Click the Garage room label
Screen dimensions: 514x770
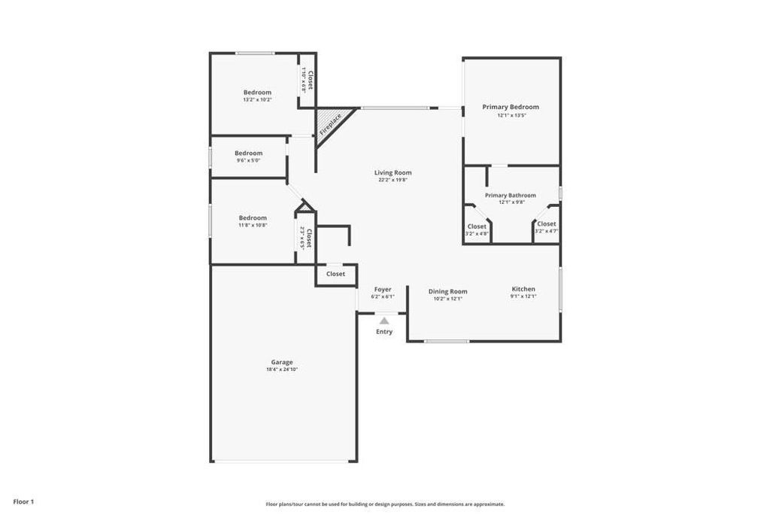[282, 362]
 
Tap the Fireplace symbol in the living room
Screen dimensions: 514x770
[329, 123]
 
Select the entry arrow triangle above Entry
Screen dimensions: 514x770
[384, 321]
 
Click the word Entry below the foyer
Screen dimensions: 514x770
[384, 332]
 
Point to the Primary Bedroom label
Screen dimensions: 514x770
[511, 107]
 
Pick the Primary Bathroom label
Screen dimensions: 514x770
[511, 195]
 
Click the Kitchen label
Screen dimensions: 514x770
[523, 289]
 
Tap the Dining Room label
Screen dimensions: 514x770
[448, 291]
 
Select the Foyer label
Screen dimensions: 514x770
[383, 289]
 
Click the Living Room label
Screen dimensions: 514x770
[393, 172]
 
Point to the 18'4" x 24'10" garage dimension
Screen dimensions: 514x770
[282, 370]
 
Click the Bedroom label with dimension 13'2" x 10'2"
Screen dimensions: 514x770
[257, 92]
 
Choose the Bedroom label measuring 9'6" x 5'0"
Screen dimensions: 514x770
[249, 153]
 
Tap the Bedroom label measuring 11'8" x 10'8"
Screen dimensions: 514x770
[253, 218]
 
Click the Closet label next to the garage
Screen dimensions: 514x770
[335, 274]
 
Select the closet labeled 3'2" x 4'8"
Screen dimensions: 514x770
[477, 227]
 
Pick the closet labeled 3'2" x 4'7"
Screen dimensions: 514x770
[547, 224]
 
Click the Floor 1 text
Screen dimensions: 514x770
[23, 501]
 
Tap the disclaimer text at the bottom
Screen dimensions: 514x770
[385, 504]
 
